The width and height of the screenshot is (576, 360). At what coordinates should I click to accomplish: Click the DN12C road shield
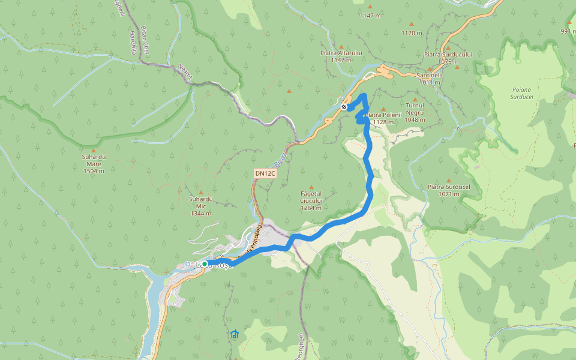point(265,173)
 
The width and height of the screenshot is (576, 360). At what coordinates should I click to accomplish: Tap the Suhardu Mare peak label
point(93,163)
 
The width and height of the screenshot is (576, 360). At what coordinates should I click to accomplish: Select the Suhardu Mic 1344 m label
point(200,206)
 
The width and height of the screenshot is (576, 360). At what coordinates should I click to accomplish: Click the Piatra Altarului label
point(341,56)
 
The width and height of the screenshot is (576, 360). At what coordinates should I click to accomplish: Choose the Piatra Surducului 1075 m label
point(448,58)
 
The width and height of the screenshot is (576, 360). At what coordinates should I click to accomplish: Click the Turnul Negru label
point(415,112)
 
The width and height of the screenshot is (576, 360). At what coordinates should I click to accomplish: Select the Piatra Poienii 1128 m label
point(382,118)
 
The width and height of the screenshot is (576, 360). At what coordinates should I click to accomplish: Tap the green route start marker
point(205,264)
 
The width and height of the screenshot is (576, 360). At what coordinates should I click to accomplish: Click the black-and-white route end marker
point(344,107)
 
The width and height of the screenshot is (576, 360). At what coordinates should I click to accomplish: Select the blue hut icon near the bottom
point(234,334)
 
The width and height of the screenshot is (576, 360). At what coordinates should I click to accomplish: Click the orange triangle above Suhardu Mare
point(94,150)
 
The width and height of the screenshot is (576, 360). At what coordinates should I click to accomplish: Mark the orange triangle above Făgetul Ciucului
point(311,187)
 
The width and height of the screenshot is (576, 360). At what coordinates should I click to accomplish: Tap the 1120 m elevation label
point(412,33)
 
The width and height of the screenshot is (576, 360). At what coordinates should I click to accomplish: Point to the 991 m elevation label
point(568,31)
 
